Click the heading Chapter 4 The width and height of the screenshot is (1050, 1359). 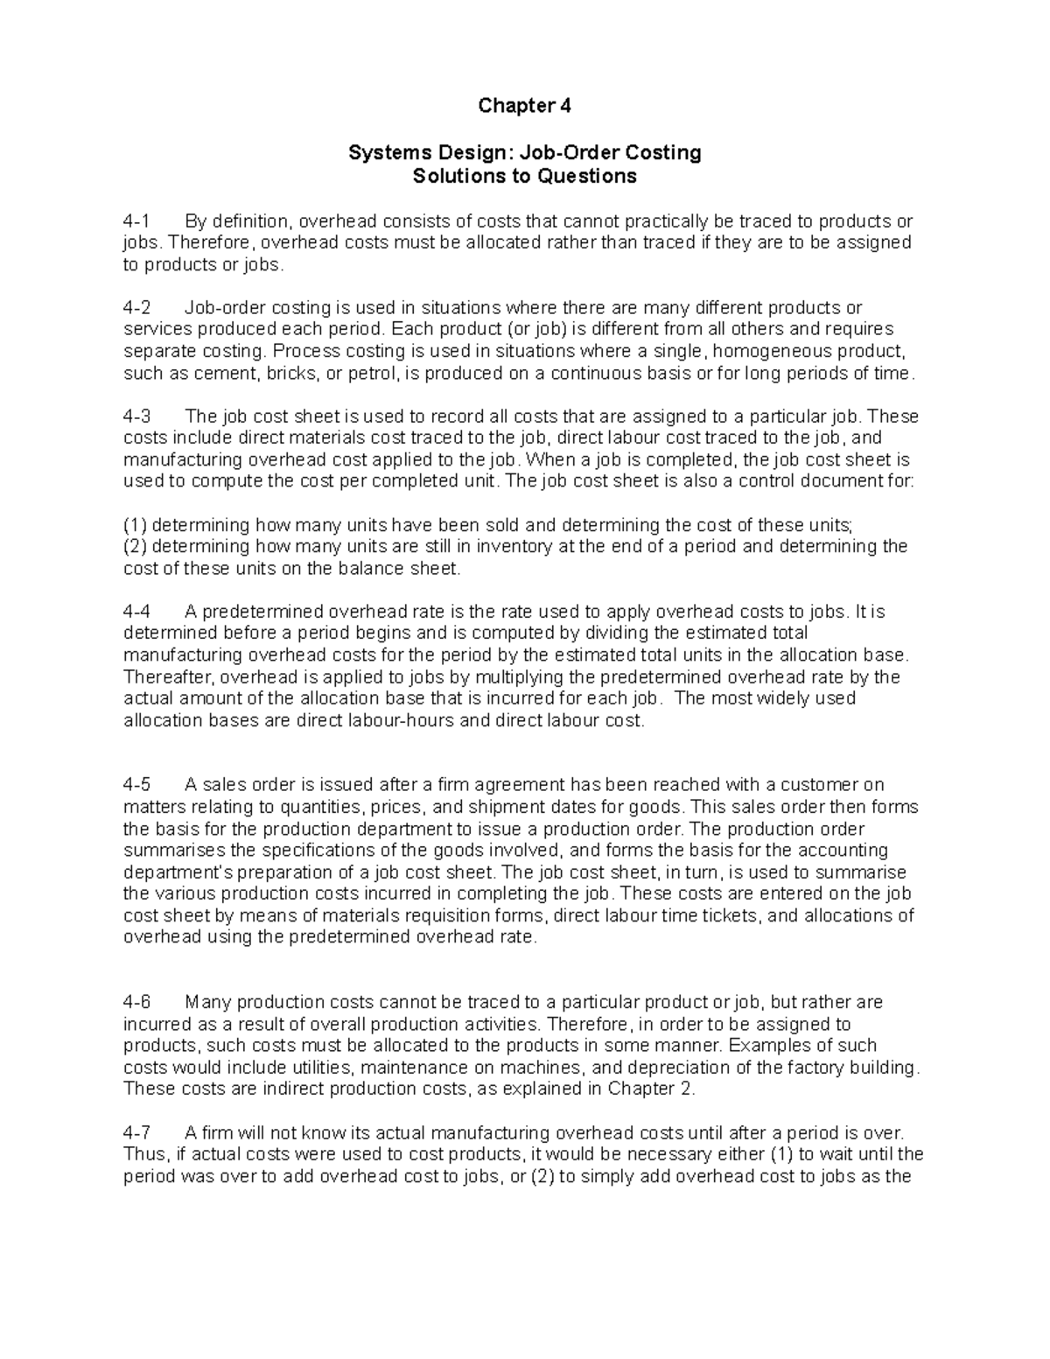[x=524, y=107]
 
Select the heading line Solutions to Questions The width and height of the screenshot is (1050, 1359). [x=524, y=176]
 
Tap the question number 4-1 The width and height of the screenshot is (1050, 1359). [x=137, y=221]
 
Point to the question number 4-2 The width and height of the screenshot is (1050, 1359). [x=137, y=308]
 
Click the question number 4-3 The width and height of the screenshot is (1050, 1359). [x=137, y=417]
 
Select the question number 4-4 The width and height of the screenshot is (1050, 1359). [x=137, y=612]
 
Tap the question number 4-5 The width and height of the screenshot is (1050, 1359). [x=137, y=785]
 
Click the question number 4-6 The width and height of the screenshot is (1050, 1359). [x=137, y=1002]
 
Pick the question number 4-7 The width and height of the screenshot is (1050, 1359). [x=137, y=1133]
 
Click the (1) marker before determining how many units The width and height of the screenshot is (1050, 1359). [x=135, y=525]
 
